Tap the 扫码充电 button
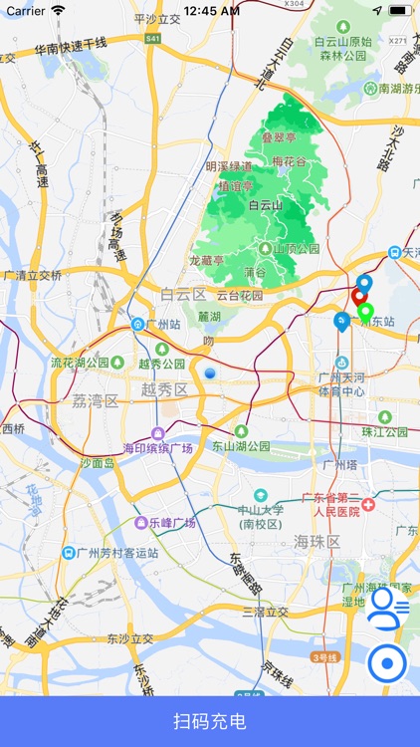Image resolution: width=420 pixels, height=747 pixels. point(210,722)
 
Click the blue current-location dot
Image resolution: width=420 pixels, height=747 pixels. point(210,373)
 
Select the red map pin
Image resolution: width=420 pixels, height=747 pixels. point(359,297)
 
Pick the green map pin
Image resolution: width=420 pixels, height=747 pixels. point(365,313)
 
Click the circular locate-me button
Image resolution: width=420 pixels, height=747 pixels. point(387,662)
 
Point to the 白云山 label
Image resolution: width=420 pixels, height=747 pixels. point(266,205)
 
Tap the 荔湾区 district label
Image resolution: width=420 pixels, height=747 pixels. point(95,401)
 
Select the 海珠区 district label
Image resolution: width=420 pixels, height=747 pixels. point(316,542)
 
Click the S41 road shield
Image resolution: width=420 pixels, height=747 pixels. point(152,38)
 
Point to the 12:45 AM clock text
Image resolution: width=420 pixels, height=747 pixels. point(211,10)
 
